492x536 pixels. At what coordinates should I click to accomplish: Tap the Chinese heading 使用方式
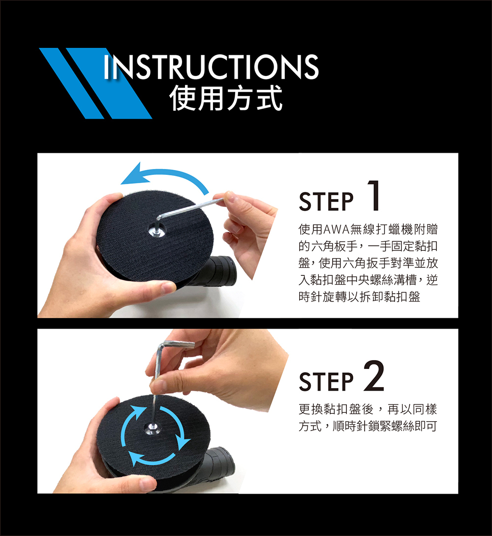(x=226, y=98)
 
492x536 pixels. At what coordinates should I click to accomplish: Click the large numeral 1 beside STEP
(x=374, y=196)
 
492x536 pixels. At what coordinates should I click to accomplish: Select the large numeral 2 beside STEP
(x=374, y=376)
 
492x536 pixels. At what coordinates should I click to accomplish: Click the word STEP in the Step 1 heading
(x=326, y=201)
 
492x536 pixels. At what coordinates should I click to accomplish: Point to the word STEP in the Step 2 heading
(x=326, y=381)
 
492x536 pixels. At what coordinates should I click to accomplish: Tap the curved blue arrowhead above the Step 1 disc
(x=133, y=175)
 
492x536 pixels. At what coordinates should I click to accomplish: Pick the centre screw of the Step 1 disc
(x=155, y=231)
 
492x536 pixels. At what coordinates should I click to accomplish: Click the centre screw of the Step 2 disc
(x=151, y=427)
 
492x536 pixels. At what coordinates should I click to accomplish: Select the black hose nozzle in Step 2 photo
(x=220, y=460)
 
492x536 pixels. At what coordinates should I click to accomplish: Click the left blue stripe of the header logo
(x=72, y=83)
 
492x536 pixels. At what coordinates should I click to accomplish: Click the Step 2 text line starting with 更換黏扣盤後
(x=368, y=409)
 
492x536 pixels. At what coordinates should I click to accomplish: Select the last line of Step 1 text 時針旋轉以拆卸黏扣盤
(x=359, y=297)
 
